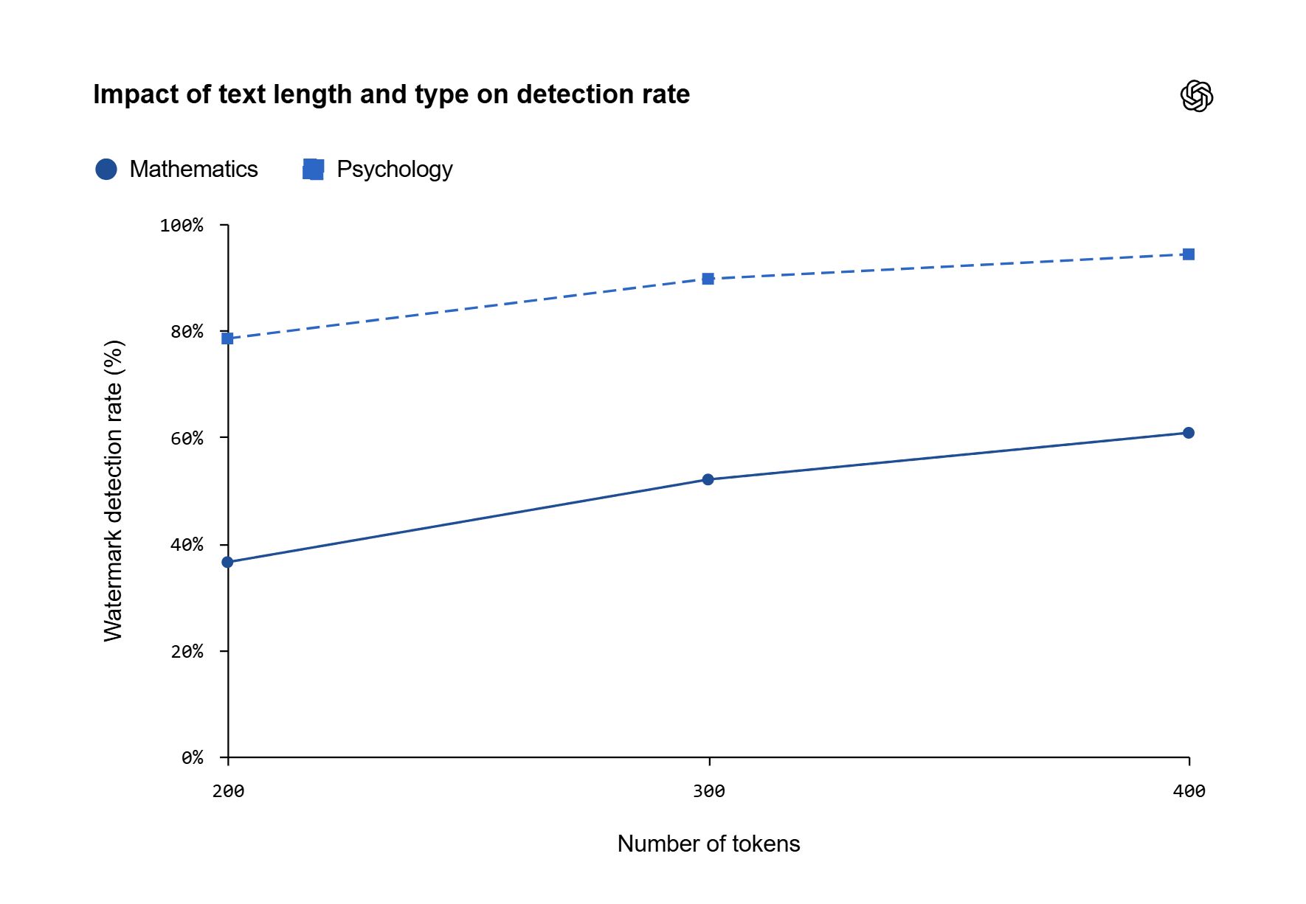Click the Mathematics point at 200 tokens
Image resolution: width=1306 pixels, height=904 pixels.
point(227,562)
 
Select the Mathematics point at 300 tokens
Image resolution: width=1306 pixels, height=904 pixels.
point(708,479)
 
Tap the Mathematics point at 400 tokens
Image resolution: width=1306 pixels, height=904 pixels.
point(1188,433)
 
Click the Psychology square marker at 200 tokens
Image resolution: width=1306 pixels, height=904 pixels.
point(227,338)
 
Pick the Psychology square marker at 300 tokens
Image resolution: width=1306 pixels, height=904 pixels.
point(708,279)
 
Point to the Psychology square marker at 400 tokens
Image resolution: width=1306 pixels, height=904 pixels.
point(1188,254)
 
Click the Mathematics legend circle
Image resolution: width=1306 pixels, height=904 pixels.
point(106,169)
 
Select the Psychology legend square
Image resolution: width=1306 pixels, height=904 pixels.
point(313,169)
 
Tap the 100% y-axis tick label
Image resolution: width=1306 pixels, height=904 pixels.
point(182,225)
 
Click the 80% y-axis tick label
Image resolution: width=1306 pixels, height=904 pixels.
point(187,332)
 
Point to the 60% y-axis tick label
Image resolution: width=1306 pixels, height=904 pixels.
point(187,439)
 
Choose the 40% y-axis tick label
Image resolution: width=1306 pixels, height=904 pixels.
point(187,545)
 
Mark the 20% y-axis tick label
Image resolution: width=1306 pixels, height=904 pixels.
point(187,652)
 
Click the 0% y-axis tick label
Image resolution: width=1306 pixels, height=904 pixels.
point(193,758)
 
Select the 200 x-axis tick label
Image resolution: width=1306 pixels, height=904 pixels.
point(228,791)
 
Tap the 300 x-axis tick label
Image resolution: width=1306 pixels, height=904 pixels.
point(708,791)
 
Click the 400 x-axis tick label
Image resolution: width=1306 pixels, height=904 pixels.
point(1189,791)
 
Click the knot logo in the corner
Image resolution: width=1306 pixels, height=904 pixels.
point(1197,96)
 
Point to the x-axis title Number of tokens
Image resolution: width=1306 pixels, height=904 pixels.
point(708,844)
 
